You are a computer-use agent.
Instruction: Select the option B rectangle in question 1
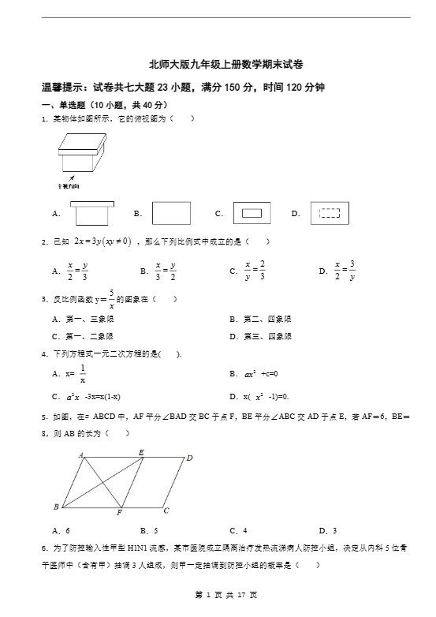coord(171,213)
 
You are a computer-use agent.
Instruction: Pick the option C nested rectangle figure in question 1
coord(252,213)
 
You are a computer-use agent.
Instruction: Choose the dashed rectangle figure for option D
coord(329,213)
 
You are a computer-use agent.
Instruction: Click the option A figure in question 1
coord(93,214)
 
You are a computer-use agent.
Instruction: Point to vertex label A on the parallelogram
coord(81,455)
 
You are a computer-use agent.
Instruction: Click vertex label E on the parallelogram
coord(141,452)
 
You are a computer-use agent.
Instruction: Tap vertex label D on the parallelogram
coord(189,458)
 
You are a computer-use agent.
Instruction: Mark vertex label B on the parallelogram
coord(56,506)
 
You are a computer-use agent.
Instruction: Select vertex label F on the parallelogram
coord(119,513)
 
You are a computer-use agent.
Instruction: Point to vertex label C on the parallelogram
coord(166,510)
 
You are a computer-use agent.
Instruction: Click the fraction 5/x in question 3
coord(112,299)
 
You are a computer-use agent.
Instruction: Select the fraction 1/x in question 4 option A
coord(83,373)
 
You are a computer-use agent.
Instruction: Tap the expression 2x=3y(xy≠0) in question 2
coord(102,241)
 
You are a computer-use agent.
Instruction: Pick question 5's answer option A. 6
coord(61,531)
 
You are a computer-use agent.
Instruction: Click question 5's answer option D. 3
coord(327,531)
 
